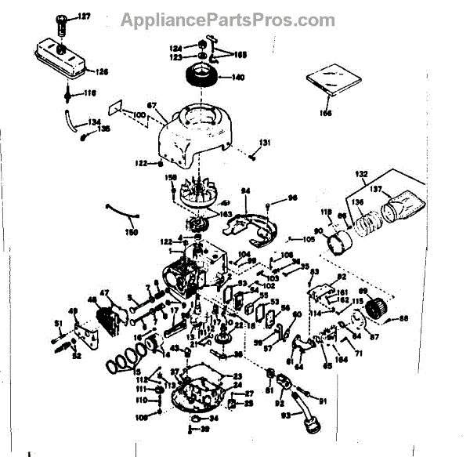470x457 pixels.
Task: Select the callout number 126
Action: (102, 72)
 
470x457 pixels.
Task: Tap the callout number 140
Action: (237, 78)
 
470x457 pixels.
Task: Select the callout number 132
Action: (360, 172)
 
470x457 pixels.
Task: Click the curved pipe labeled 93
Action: (305, 413)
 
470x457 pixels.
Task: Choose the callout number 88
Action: (404, 318)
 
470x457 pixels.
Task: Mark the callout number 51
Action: (58, 324)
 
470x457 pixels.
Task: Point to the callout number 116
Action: (90, 92)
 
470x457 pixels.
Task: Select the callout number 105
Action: (308, 238)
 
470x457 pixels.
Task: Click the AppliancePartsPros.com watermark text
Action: (227, 19)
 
